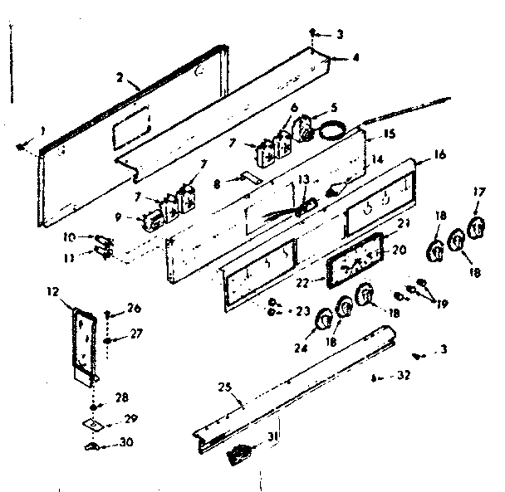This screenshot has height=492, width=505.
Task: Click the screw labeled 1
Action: tap(20, 147)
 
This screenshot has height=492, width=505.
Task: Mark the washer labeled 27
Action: tap(110, 340)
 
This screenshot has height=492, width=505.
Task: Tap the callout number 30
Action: tap(126, 442)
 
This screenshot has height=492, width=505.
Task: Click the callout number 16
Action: tap(439, 155)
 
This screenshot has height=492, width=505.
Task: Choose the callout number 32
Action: tap(403, 376)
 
